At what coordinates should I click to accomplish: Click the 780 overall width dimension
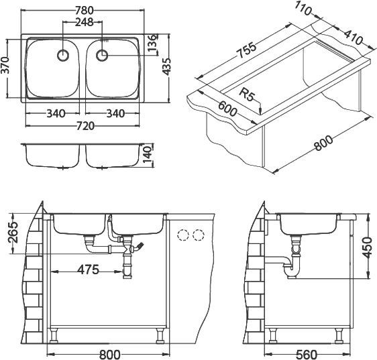84,9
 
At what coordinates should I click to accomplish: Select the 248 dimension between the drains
84,23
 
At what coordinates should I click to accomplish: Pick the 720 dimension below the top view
84,125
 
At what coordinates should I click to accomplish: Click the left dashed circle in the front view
182,235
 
